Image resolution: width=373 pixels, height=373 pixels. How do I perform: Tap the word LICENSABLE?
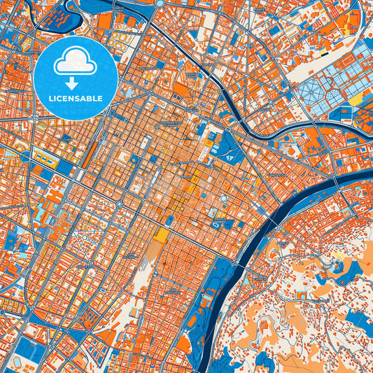tap(75, 98)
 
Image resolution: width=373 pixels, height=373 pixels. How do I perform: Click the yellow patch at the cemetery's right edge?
tap(356, 100)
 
